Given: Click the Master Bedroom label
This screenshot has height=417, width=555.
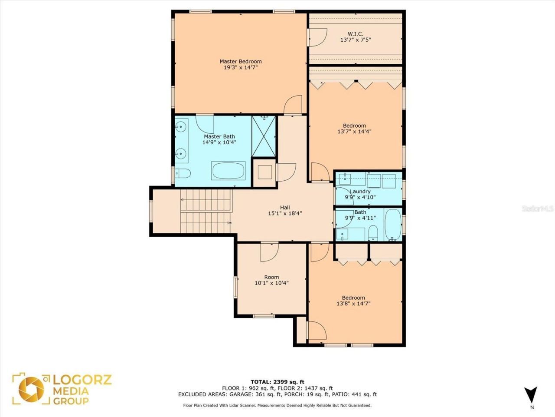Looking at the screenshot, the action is coord(241,61).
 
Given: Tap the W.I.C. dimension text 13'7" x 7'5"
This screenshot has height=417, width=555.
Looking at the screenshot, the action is coord(356,40).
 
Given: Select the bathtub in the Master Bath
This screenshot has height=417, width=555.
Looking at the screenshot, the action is coord(228,171).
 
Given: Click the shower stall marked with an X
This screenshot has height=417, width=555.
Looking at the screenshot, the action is coord(264,136).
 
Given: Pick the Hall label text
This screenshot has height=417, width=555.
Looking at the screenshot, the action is coord(285,207).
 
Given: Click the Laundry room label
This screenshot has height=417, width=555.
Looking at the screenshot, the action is coord(360,192).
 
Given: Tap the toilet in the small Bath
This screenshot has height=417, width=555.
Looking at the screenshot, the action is coord(373,233).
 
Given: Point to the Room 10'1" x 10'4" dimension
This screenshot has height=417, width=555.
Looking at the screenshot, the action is coord(271,283).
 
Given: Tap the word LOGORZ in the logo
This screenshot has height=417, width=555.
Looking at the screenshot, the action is coord(82,380).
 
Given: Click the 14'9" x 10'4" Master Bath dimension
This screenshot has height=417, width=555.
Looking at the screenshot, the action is coord(219,142).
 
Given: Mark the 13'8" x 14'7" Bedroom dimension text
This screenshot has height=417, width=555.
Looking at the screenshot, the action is coord(353,303).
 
